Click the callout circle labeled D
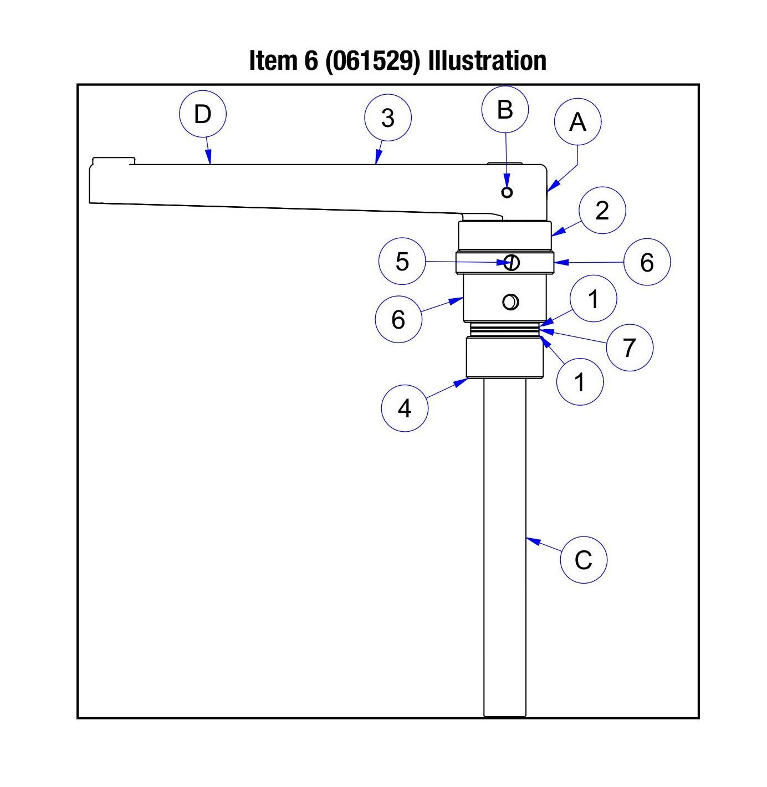coord(203,115)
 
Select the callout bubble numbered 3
coord(388,118)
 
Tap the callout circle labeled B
coord(505,110)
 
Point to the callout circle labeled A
coord(577,122)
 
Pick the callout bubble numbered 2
coord(602,211)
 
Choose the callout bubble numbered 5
coord(402,262)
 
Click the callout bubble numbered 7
coord(629,348)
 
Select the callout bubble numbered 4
coord(405,408)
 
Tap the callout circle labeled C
coord(584,560)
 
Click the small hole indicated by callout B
coord(507,192)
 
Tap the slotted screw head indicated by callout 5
coord(512,262)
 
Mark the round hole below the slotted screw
coord(510,302)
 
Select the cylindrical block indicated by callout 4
coord(504,359)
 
